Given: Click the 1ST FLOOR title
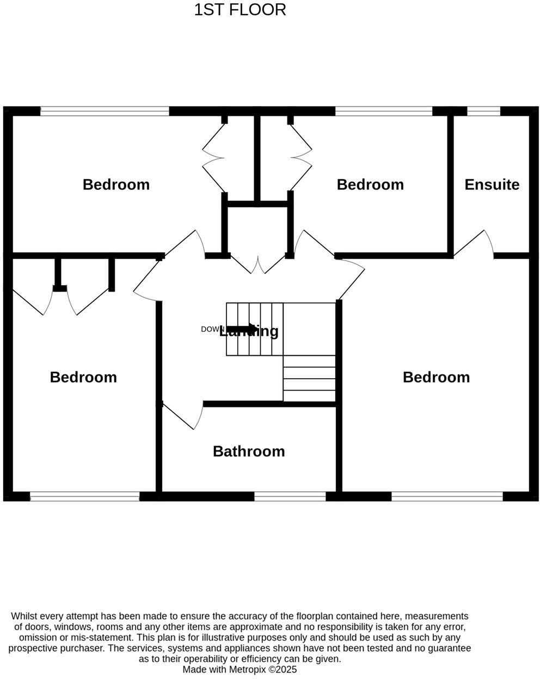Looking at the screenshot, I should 240,10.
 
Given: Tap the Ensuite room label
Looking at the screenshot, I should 492,184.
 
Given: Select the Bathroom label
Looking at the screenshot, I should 249,451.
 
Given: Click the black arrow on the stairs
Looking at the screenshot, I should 243,329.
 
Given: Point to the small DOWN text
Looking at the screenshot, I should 212,329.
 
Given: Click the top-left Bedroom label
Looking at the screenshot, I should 116,184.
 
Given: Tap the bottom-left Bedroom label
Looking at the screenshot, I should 83,377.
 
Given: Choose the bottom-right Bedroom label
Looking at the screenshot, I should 436,377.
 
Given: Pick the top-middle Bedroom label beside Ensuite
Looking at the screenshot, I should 370,184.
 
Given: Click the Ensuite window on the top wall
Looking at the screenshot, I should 484,111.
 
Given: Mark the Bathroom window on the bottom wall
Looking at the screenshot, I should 290,496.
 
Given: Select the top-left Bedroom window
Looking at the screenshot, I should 105,111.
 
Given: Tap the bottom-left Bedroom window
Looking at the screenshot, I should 85,496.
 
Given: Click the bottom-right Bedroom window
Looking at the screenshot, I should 447,496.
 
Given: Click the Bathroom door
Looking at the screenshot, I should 182,416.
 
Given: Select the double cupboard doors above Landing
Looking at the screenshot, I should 257,264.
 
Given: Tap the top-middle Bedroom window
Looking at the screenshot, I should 384,111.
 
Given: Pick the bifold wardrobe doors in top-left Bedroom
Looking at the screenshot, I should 213,158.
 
